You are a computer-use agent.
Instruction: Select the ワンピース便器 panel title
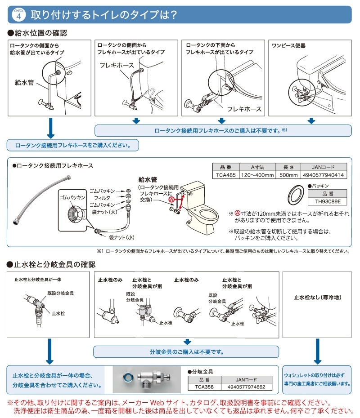pyautogui.click(x=289, y=46)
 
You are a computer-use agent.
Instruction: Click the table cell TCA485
pyautogui.click(x=225, y=175)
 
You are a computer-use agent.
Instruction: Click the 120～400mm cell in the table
pyautogui.click(x=257, y=175)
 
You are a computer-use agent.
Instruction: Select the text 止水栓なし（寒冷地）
pyautogui.click(x=317, y=297)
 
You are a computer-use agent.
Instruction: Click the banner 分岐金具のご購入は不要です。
pyautogui.click(x=186, y=351)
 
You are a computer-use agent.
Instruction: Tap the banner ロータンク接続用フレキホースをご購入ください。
pyautogui.click(x=73, y=145)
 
